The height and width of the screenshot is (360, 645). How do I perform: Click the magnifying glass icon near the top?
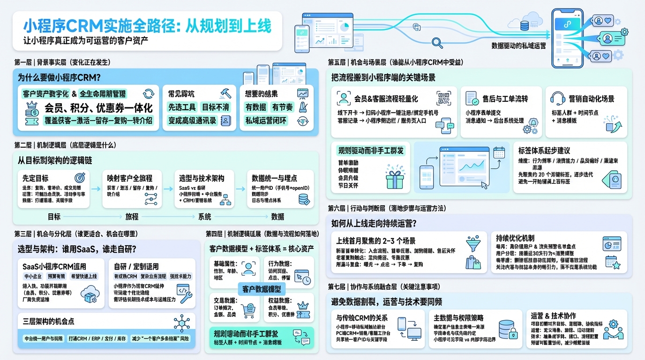click(437, 43)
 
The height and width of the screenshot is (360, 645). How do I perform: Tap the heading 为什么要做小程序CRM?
click(60, 78)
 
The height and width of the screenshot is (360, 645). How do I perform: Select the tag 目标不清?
click(215, 107)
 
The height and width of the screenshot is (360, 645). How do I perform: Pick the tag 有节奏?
click(282, 107)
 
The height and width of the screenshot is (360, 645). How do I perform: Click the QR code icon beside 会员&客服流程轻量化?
click(443, 98)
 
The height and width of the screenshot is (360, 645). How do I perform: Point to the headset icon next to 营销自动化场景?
click(556, 98)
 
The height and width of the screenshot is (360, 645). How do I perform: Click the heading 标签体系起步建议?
click(544, 150)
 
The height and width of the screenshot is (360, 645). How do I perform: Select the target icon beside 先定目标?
click(80, 178)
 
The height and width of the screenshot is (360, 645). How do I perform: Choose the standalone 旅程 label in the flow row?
click(132, 217)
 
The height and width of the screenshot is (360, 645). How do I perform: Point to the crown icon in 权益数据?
click(302, 306)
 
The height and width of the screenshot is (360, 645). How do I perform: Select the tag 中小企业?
click(33, 277)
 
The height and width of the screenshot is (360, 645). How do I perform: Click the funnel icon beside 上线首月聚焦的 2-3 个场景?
click(473, 244)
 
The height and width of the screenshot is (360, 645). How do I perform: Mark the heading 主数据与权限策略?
click(458, 318)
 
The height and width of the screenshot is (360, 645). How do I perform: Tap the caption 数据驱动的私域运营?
click(518, 46)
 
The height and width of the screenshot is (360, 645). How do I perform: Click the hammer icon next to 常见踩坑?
click(225, 93)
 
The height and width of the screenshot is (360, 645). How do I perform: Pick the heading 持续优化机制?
click(515, 238)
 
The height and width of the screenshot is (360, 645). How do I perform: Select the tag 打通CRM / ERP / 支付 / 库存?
click(97, 338)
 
